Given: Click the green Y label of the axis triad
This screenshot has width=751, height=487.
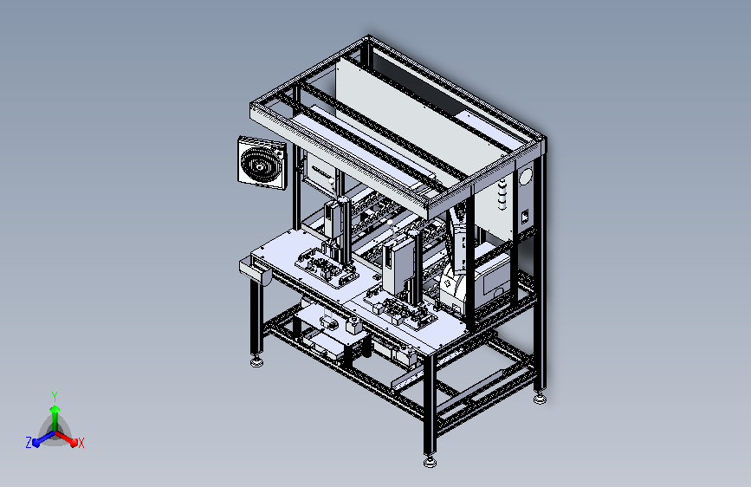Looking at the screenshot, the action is click(55, 396).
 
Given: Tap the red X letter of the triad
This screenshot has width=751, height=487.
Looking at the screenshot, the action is click(81, 444).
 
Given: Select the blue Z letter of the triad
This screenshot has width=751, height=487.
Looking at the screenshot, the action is click(29, 443).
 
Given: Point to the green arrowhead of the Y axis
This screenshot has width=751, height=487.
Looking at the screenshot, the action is click(55, 409).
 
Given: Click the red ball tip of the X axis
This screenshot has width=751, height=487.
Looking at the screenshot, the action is click(74, 443).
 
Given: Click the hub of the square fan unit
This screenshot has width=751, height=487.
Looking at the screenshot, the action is click(260, 166).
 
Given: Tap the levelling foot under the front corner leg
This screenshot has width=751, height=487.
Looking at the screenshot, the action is click(431, 462).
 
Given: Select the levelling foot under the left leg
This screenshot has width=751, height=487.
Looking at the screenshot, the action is click(256, 362).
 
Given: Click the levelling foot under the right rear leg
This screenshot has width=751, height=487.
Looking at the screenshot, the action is click(540, 399).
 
